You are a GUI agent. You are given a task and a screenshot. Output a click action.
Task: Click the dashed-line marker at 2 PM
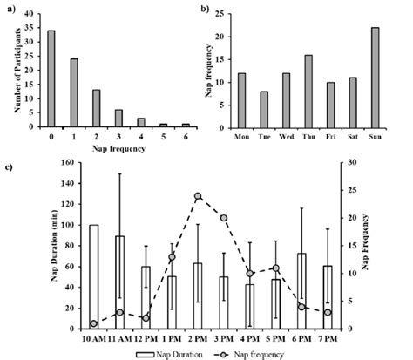tap(199, 196)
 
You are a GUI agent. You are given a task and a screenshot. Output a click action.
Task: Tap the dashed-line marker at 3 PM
tap(224, 218)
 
